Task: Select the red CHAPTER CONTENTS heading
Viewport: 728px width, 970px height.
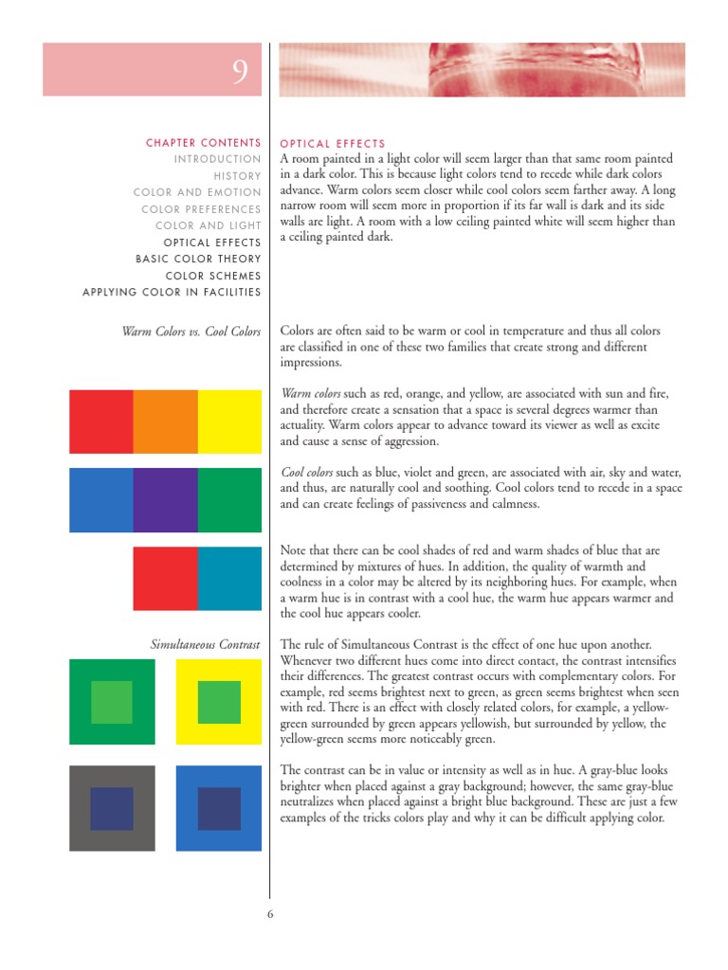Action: pos(203,143)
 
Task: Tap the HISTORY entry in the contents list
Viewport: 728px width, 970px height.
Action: pos(237,176)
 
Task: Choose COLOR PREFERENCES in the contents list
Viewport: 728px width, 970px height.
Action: pos(201,209)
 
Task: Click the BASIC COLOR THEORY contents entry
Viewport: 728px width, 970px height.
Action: pos(198,259)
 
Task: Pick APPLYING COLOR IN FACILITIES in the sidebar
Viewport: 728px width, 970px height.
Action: pos(172,292)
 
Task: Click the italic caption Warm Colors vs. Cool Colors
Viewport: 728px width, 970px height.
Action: pos(191,332)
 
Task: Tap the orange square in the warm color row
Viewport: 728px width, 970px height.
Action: pos(165,422)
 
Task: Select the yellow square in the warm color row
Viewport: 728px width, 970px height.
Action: pos(229,422)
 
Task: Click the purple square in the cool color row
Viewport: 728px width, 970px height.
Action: pos(165,499)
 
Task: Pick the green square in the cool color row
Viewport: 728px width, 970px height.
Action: pos(229,499)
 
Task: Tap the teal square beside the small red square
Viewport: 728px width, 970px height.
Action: pos(229,578)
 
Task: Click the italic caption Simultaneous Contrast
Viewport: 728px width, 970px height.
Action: pos(205,645)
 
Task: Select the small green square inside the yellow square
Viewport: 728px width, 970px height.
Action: pos(219,702)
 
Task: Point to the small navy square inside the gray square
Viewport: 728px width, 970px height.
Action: pos(112,808)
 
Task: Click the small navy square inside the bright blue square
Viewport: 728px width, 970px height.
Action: pos(219,808)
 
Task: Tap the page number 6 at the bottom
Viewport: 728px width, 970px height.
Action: pos(270,914)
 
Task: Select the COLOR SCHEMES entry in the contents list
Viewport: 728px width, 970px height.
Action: pos(213,276)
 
